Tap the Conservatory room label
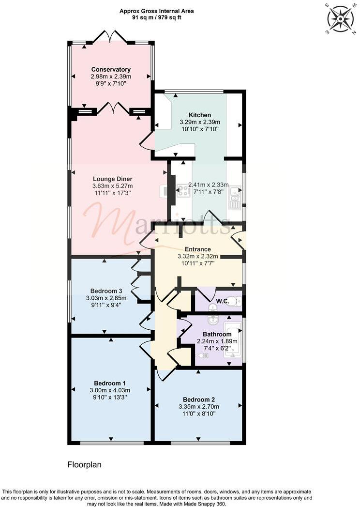(x=111, y=70)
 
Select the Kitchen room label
(x=200, y=115)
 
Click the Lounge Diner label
(x=112, y=179)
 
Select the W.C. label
(x=222, y=301)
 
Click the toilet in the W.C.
(x=234, y=301)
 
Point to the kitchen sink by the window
(x=235, y=197)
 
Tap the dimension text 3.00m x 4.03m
(x=110, y=390)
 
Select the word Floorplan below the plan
(x=84, y=465)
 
